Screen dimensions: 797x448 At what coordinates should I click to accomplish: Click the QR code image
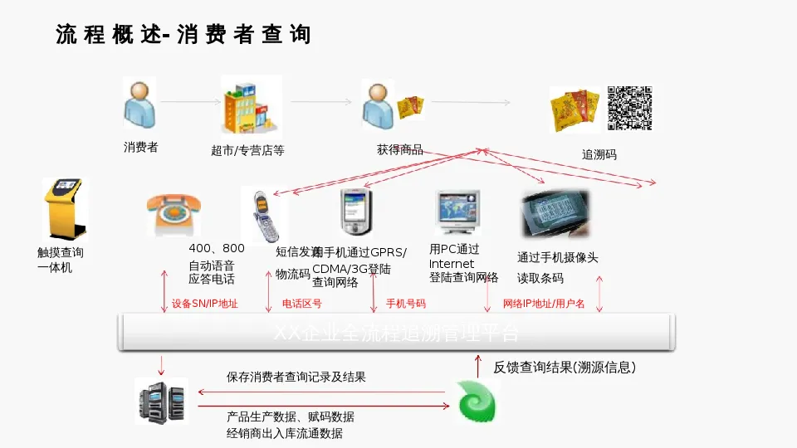pyautogui.click(x=629, y=109)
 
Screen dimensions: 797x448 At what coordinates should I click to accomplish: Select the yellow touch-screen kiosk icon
pyautogui.click(x=63, y=209)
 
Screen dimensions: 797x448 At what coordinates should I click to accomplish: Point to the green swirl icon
pyautogui.click(x=477, y=402)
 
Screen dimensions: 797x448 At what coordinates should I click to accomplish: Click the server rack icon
pyautogui.click(x=161, y=401)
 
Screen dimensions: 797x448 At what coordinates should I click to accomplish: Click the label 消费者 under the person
pyautogui.click(x=140, y=148)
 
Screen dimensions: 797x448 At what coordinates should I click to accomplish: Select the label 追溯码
pyautogui.click(x=599, y=155)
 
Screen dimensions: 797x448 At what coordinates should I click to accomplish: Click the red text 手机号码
pyautogui.click(x=406, y=304)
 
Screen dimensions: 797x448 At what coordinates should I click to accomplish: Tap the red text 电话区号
pyautogui.click(x=302, y=304)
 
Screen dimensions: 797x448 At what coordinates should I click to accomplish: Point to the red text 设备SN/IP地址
pyautogui.click(x=205, y=304)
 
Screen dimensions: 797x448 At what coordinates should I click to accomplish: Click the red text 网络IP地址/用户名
pyautogui.click(x=544, y=304)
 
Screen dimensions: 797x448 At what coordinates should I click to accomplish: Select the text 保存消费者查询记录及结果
pyautogui.click(x=296, y=377)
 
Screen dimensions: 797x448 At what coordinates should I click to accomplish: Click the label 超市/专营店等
pyautogui.click(x=247, y=151)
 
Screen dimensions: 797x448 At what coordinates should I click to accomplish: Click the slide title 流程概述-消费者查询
pyautogui.click(x=183, y=35)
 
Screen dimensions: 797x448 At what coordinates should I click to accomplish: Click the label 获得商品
pyautogui.click(x=400, y=150)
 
